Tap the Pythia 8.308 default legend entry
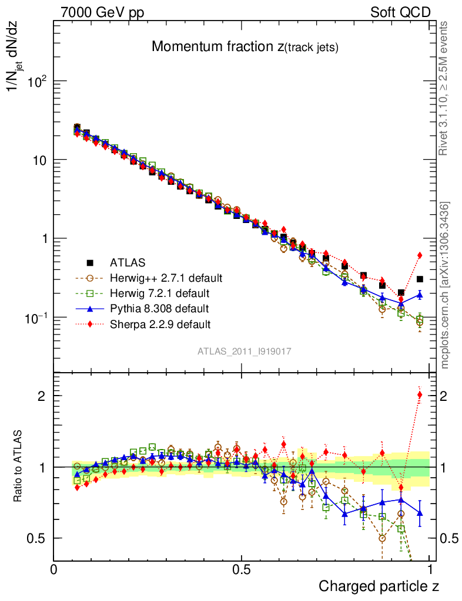coord(159,308)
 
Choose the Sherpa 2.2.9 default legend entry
coord(160,323)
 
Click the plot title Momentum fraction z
coord(245,47)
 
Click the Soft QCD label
coord(400,12)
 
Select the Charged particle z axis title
coord(379,586)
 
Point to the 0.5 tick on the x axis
coord(242,570)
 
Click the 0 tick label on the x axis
coord(53,570)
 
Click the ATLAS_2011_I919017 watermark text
coord(245,351)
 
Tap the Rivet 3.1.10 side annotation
coord(444,89)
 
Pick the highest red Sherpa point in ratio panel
coord(419,394)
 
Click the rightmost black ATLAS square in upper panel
coord(419,279)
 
